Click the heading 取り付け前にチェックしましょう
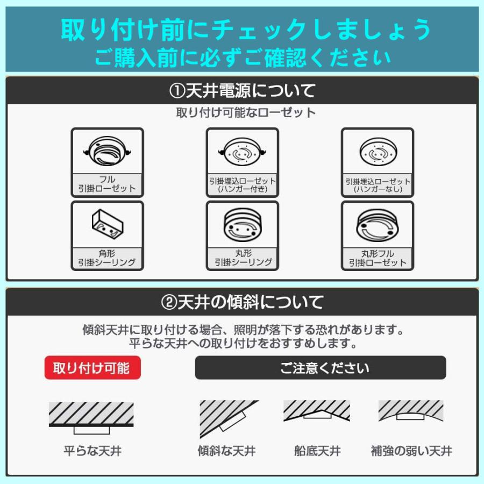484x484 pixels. pos(246,29)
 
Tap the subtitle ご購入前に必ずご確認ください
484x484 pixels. pos(243,56)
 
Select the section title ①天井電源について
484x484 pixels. pos(242,91)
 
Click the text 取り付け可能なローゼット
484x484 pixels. pos(246,113)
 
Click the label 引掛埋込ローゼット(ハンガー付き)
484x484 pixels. pos(243,184)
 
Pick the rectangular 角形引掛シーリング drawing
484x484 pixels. pos(107,224)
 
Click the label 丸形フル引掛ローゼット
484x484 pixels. pos(378,258)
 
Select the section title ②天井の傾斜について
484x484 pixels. pos(242,302)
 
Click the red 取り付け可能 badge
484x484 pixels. pos(92,368)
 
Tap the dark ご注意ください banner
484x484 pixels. pos(321,368)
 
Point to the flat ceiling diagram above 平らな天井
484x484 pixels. pos(91,417)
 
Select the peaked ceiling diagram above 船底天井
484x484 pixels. pos(317,411)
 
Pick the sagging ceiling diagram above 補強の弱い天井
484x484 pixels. pos(411,411)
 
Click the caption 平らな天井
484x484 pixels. pos(92,451)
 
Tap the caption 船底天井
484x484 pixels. pos(317,451)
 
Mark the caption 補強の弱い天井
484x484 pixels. pos(411,451)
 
